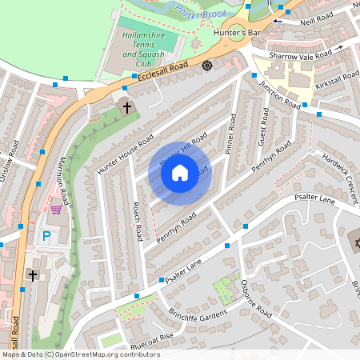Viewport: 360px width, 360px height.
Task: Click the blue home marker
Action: [180, 172]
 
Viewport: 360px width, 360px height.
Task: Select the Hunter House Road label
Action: [125, 154]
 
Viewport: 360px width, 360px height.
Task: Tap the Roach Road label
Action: [138, 222]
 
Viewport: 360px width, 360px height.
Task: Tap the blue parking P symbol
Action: [46, 236]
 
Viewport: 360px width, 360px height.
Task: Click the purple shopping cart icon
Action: [56, 210]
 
